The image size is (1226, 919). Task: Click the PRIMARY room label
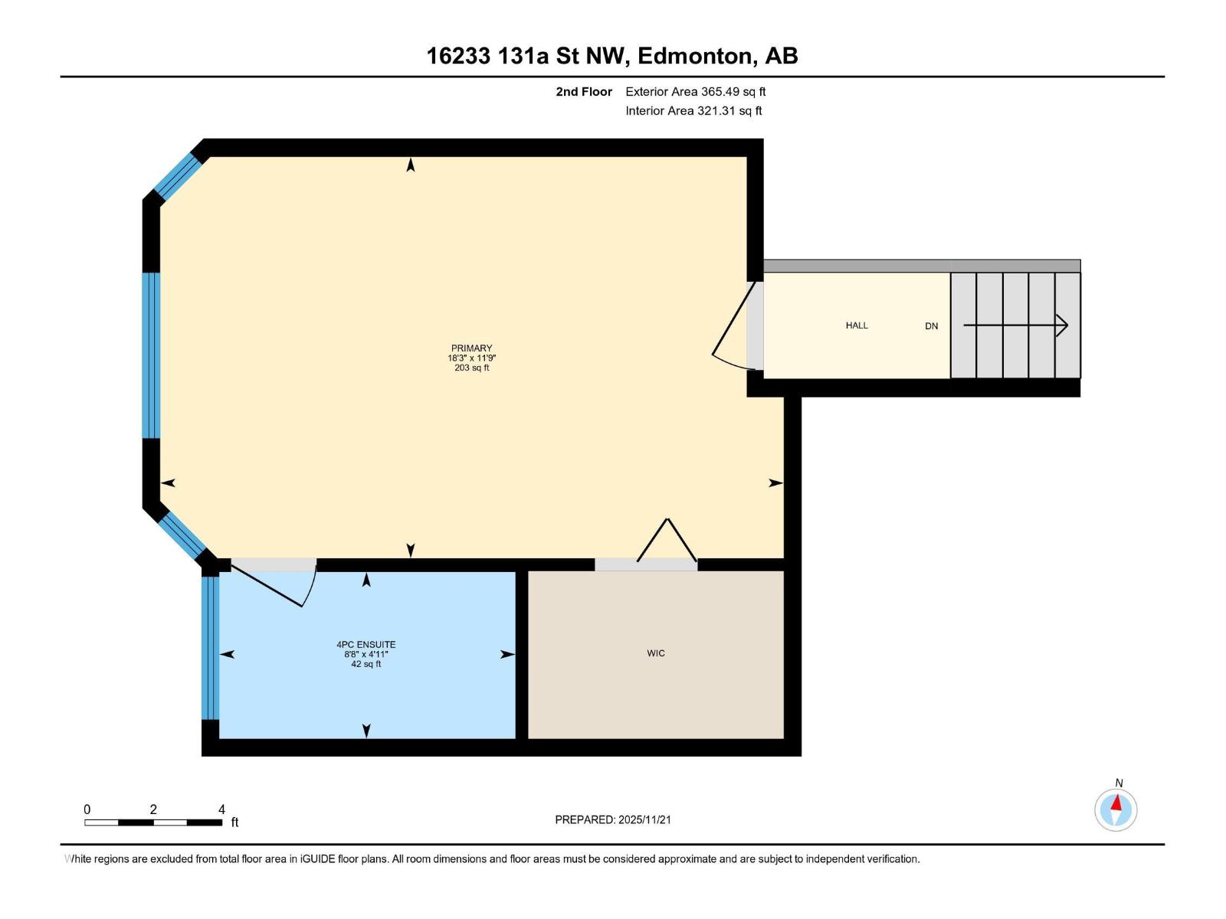(x=471, y=348)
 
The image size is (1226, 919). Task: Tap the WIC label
(x=656, y=653)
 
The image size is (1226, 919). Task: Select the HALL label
(x=856, y=325)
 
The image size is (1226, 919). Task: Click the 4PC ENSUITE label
(x=366, y=645)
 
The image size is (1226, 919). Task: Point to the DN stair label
(x=931, y=326)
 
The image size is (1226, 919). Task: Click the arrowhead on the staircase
(x=1062, y=325)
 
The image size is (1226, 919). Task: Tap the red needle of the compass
(x=1116, y=803)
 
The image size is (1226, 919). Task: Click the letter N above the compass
(x=1119, y=783)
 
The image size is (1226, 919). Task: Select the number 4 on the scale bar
(x=221, y=809)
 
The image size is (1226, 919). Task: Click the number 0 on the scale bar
(x=87, y=809)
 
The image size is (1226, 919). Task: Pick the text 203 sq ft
(x=471, y=368)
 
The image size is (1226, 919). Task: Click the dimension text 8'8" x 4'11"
(x=366, y=654)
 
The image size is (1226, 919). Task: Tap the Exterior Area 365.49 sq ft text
(x=696, y=91)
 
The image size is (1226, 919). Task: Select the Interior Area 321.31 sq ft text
(x=693, y=110)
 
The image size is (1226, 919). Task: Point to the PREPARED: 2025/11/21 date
(x=613, y=819)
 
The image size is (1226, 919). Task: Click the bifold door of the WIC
(x=667, y=540)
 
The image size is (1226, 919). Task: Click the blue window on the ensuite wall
(x=210, y=648)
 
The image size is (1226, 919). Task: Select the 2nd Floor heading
(x=584, y=91)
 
